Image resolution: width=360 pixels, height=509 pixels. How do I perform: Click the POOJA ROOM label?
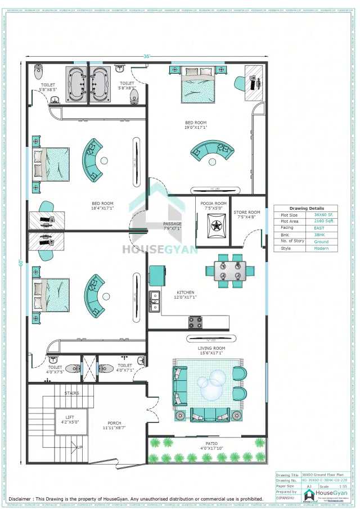coord(213,204)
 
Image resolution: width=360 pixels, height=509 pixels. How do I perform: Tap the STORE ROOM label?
coord(247,213)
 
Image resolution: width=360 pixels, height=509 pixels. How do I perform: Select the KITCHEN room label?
coord(186,292)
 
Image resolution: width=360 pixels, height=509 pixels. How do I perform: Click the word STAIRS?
coord(72,393)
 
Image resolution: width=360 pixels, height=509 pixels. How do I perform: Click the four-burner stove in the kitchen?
coord(195,322)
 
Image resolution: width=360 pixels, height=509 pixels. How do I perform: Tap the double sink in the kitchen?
coord(155,301)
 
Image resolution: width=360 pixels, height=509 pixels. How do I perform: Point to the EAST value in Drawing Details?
coord(319,228)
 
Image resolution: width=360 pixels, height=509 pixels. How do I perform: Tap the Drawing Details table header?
coord(307,208)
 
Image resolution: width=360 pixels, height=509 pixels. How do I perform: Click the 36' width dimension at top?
coord(146,56)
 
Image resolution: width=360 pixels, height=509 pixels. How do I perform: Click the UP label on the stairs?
coord(79,447)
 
